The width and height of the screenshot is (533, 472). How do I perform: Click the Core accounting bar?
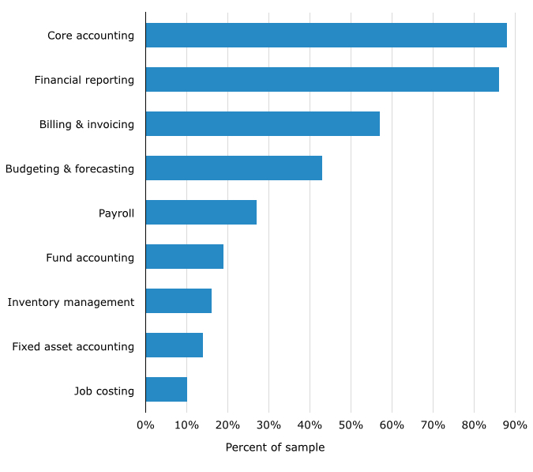326,36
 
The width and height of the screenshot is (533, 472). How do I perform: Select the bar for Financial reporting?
322,80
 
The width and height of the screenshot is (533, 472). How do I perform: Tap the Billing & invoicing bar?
262,124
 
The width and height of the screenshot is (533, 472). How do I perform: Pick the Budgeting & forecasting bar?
234,168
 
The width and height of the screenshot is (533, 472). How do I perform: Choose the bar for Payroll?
201,213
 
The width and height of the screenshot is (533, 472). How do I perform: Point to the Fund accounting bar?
184,257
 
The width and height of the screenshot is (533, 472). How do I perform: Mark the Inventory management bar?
178,301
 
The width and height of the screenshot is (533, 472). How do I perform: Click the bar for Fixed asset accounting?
174,346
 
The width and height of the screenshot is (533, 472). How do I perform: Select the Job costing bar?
166,390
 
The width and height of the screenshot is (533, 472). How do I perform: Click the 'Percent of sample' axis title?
275,447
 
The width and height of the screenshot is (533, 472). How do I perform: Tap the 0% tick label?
145,425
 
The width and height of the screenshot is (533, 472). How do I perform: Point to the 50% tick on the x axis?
351,425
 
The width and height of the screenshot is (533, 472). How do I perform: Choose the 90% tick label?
515,425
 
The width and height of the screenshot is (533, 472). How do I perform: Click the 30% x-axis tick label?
268,425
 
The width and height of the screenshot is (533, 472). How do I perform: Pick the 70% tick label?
433,425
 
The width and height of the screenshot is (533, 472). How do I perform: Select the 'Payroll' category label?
116,213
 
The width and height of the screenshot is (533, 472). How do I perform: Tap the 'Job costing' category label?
104,391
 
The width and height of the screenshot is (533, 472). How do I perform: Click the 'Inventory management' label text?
71,302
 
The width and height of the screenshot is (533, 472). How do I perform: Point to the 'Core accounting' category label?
91,36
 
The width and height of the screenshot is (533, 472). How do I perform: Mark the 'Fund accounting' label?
90,258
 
